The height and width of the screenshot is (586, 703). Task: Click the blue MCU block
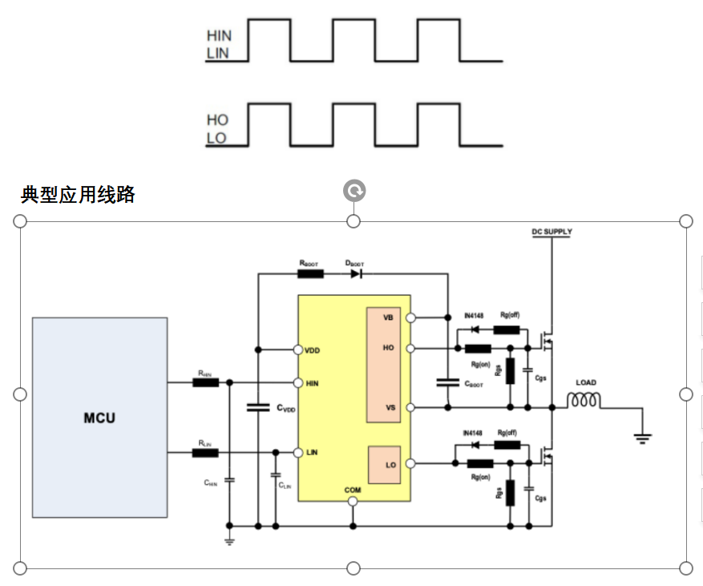pyautogui.click(x=99, y=417)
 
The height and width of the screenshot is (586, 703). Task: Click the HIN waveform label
pyautogui.click(x=218, y=36)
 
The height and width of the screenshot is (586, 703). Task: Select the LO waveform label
pyautogui.click(x=216, y=138)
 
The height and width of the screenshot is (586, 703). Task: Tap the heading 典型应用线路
pyautogui.click(x=78, y=195)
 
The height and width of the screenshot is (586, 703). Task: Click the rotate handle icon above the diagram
pyautogui.click(x=354, y=191)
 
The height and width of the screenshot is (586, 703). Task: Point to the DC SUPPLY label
pyautogui.click(x=552, y=232)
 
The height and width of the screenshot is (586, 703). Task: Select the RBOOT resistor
pyautogui.click(x=310, y=273)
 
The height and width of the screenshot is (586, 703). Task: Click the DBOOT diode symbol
pyautogui.click(x=355, y=273)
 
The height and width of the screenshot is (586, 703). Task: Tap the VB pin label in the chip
pyautogui.click(x=388, y=317)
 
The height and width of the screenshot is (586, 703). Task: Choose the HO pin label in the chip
pyautogui.click(x=389, y=348)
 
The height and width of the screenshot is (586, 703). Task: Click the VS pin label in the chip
pyautogui.click(x=390, y=407)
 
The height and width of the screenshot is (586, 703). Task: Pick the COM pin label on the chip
pyautogui.click(x=353, y=490)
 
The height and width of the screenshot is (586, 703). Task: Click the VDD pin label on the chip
pyautogui.click(x=313, y=350)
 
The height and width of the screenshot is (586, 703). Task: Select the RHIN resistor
pyautogui.click(x=205, y=382)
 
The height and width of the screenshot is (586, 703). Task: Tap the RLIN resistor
pyautogui.click(x=205, y=453)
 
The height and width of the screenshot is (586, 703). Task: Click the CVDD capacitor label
pyautogui.click(x=286, y=408)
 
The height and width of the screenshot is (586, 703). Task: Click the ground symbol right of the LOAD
pyautogui.click(x=642, y=438)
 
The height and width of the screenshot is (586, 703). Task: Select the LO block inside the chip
pyautogui.click(x=384, y=465)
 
